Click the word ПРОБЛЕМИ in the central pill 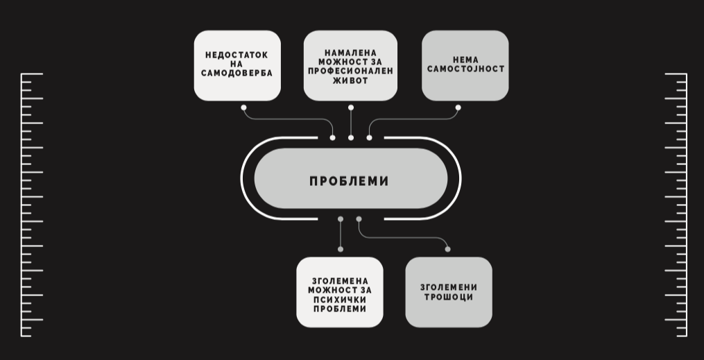(349, 181)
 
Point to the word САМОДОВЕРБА (237, 73)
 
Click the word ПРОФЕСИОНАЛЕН (350, 71)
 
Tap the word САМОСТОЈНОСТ (465, 69)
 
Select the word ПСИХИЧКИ (340, 299)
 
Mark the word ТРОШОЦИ (448, 297)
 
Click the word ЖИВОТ (350, 80)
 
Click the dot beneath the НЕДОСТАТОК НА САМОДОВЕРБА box (243, 108)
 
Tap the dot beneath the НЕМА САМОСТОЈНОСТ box (458, 108)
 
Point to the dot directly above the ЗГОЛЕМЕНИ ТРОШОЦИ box (447, 249)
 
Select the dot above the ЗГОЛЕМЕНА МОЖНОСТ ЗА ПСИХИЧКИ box (341, 249)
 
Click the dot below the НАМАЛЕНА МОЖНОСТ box (351, 108)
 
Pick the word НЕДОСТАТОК (237, 55)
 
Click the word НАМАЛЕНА (351, 53)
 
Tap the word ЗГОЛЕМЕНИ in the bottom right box (449, 287)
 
